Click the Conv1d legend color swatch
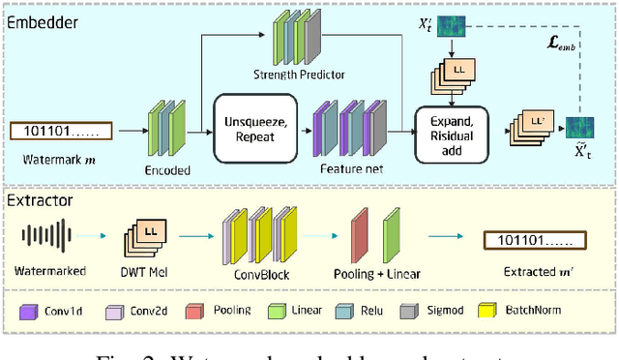[28, 311]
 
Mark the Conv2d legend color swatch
[113, 311]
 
